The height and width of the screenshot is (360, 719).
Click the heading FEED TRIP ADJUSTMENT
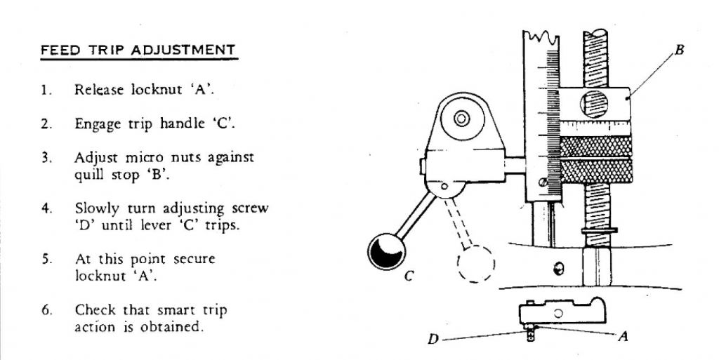coord(138,50)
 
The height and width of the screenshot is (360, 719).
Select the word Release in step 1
coord(99,89)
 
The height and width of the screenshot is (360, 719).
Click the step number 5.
coord(46,260)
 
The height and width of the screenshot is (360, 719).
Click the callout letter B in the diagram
coord(679,49)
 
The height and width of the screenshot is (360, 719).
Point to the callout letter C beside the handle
coord(409,276)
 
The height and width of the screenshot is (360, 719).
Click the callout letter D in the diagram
coord(433,340)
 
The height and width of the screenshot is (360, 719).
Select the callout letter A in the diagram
coord(623,338)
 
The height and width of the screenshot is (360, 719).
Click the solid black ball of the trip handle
coord(387,251)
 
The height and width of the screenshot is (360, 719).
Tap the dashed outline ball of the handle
coord(477,264)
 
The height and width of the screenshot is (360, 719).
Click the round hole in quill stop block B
coord(594,104)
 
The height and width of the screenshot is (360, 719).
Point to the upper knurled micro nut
coord(595,146)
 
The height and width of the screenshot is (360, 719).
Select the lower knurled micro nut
coord(596,171)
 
